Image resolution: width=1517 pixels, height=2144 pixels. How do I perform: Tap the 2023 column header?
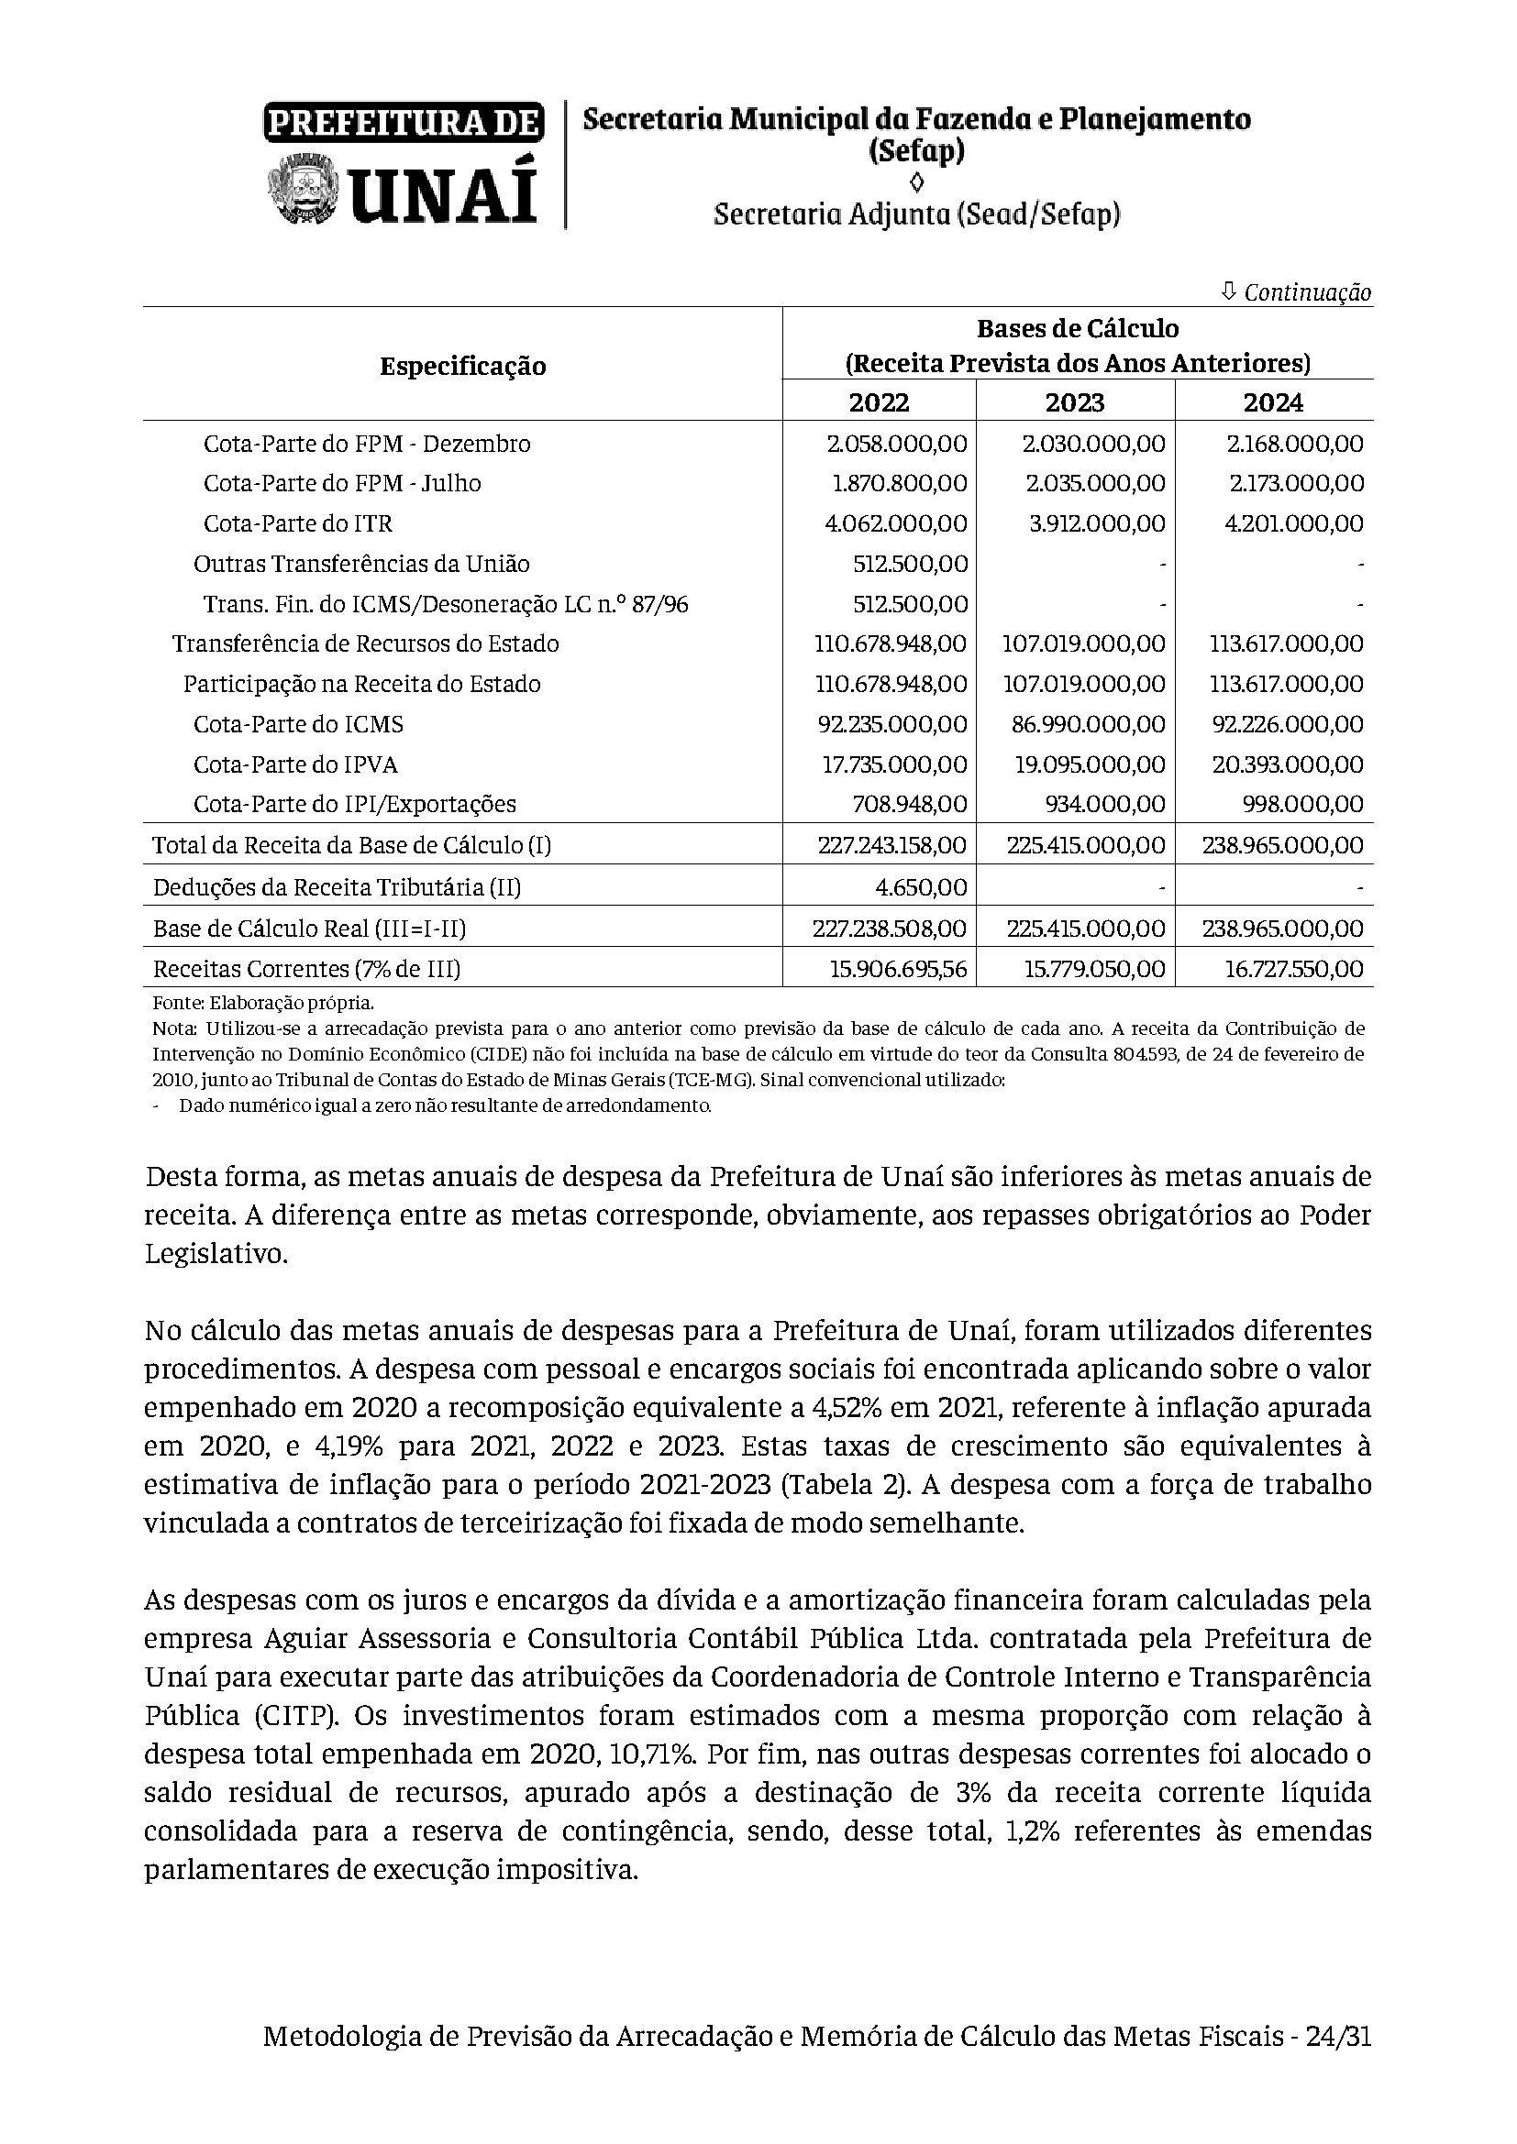click(1074, 402)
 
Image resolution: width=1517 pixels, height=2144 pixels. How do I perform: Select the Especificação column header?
click(462, 366)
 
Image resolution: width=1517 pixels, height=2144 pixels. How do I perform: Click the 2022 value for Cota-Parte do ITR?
click(896, 524)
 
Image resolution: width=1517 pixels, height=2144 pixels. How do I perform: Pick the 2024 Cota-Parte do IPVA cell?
click(1287, 764)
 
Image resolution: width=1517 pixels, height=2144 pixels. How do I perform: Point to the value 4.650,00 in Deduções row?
click(921, 886)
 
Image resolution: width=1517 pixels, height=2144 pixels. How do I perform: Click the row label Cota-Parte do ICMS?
click(298, 725)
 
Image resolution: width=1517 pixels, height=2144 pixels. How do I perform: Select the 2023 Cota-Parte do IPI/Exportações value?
click(1112, 804)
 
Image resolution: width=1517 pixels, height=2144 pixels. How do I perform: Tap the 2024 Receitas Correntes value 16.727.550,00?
click(1294, 969)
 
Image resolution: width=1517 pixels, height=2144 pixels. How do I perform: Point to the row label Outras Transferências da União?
click(361, 564)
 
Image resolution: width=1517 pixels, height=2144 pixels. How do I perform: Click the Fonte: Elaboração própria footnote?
click(262, 1004)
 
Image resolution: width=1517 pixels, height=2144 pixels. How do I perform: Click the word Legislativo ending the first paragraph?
click(216, 1253)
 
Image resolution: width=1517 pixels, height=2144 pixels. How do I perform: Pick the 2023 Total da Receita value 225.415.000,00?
click(1085, 846)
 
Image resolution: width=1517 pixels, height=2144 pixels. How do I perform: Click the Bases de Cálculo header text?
click(1077, 329)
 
